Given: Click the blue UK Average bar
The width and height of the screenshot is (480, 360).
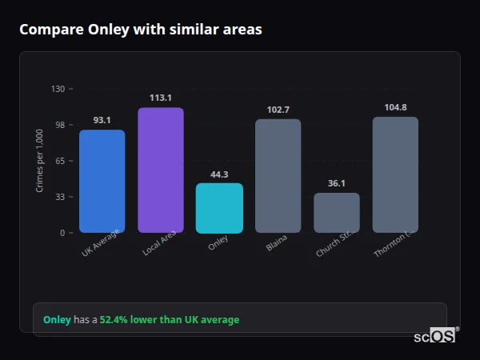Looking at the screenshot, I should coord(102,181).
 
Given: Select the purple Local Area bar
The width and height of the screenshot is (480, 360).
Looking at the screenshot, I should coord(160,170).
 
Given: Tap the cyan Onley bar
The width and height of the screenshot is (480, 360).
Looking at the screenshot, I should coord(219,208).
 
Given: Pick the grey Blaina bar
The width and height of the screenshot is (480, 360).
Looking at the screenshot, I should coord(278,176).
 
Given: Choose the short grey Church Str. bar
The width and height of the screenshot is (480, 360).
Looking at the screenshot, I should coord(337,213).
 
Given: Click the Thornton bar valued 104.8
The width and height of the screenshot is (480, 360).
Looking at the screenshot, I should coord(395,174).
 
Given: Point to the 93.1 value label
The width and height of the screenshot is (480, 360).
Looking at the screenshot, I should coord(102,120).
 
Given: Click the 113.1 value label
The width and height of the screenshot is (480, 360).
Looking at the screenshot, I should coord(160,98).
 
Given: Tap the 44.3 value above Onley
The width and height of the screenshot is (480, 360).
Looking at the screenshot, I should coord(219,174).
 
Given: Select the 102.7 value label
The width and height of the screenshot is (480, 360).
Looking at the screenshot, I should coord(278,110).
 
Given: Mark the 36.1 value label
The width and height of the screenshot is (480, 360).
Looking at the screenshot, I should coord(337,183).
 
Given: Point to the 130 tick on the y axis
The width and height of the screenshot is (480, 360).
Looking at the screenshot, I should coord(58,89).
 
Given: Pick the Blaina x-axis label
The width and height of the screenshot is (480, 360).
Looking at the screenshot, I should coord(276,243).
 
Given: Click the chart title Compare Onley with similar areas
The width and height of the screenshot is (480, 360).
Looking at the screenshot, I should coord(141,30).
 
